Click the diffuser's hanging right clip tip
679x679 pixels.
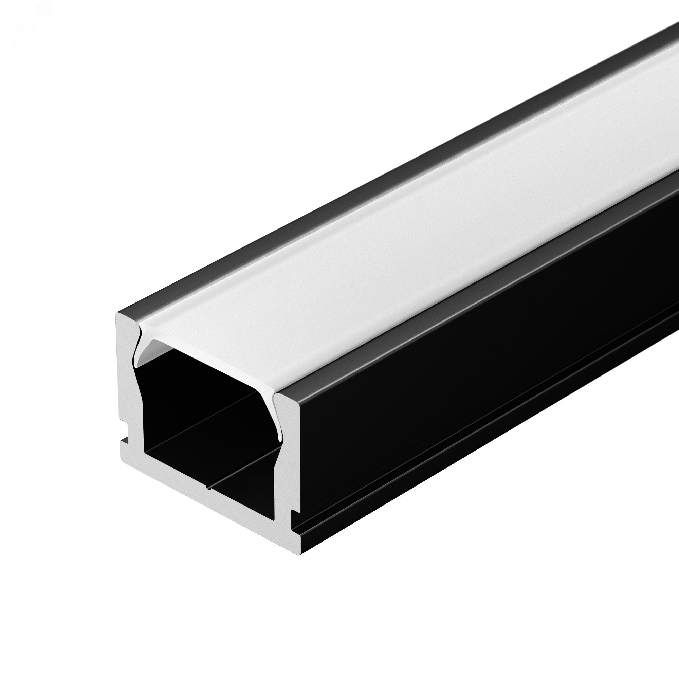point(280,436)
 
